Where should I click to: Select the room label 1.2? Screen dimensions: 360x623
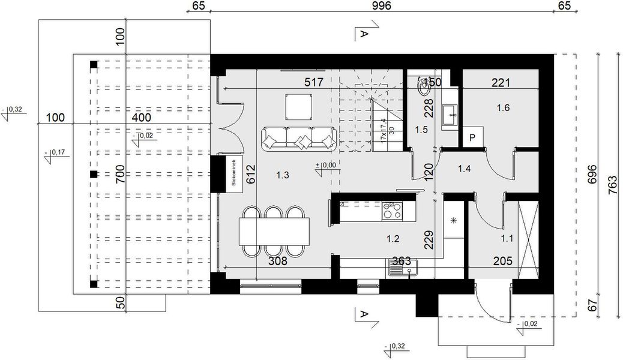pos(393,238)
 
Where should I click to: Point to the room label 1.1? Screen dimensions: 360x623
pos(507,238)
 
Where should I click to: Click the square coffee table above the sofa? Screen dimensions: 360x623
pos(298,107)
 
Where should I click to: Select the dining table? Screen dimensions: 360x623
pos(274,231)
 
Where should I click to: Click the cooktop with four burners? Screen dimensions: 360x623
pos(393,211)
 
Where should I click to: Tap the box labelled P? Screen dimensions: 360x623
pos(472,137)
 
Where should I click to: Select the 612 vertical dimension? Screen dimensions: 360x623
pos(251,174)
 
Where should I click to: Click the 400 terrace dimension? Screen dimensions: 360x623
pos(142,118)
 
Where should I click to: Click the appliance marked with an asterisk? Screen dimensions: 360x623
pos(454,220)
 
